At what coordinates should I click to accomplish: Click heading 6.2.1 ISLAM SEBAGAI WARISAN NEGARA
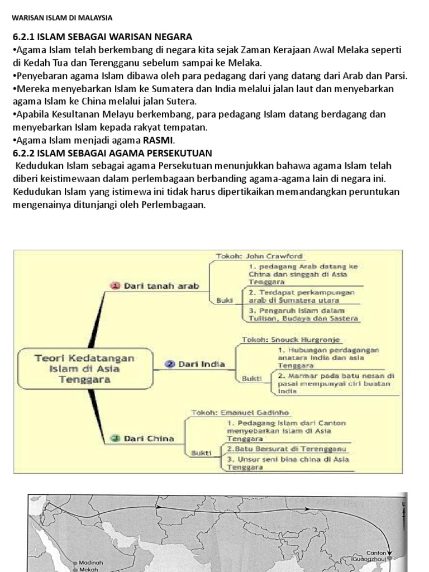pyautogui.click(x=102, y=37)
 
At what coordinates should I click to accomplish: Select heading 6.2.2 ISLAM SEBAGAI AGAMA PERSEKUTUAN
pyautogui.click(x=112, y=153)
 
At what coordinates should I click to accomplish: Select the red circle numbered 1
pyautogui.click(x=116, y=285)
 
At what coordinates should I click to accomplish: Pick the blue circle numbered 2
pyautogui.click(x=170, y=364)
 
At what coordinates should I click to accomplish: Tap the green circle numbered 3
pyautogui.click(x=115, y=438)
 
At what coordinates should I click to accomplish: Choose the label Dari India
pyautogui.click(x=202, y=364)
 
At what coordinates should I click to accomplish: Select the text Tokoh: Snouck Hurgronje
pyautogui.click(x=290, y=339)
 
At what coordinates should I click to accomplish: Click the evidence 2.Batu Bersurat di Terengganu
pyautogui.click(x=287, y=449)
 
